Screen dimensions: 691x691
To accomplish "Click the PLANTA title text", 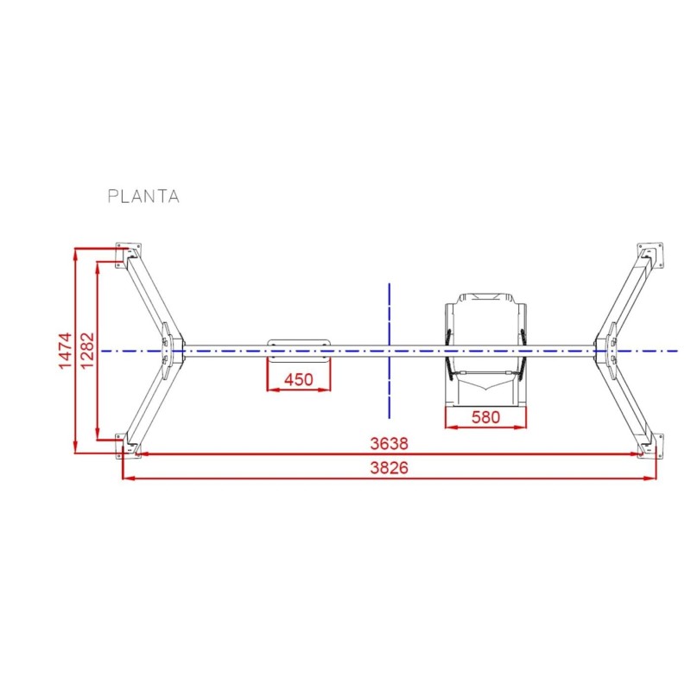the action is tap(143, 196).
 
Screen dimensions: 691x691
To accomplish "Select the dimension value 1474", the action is tap(65, 351).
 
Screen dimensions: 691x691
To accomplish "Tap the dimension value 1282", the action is tap(87, 351).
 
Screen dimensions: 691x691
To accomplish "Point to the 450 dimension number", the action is tap(298, 379).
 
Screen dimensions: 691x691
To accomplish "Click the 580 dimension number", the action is tap(485, 417).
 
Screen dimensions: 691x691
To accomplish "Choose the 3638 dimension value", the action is tap(390, 443).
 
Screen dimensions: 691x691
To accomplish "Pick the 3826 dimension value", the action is tap(390, 467).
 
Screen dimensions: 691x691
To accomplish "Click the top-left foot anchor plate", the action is tap(128, 255).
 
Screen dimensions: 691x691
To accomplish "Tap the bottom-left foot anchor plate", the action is tap(128, 446).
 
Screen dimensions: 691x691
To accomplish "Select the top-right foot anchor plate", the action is tap(650, 255).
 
